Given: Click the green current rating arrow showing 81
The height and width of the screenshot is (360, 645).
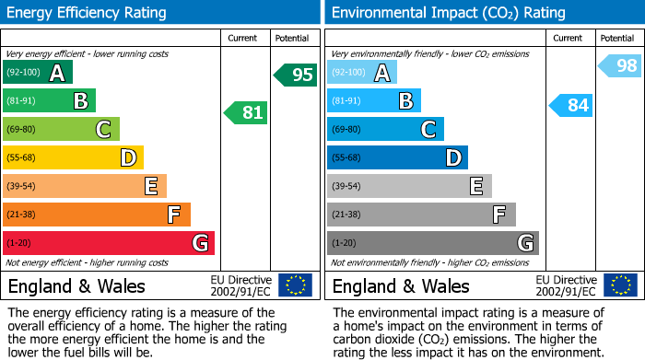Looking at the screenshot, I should pos(246,113).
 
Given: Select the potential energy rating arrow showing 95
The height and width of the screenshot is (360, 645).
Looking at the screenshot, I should pos(296,75).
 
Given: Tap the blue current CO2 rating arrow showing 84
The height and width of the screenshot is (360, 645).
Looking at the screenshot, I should pos(570,105).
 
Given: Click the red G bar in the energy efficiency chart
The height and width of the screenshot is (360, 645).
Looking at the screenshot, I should pos(108,243).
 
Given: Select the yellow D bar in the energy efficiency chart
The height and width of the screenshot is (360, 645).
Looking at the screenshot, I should pos(73,157).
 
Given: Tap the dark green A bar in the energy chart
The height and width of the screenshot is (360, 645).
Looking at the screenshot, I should pos(37,73).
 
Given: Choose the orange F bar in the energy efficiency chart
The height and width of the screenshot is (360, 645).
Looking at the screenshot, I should pos(96,215).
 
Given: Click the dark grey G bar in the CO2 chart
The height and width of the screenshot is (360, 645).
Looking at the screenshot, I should pos(432,243).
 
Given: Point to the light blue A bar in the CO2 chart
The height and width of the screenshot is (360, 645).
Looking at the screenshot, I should pos(361,73).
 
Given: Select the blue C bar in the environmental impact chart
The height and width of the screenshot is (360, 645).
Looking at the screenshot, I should pos(385,129).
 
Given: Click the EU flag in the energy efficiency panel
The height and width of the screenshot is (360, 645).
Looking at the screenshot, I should pos(295,285).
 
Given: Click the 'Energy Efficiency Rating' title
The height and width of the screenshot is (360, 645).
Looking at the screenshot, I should pos(88,13).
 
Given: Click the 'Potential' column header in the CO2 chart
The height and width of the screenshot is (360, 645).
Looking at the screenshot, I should pos(616,38).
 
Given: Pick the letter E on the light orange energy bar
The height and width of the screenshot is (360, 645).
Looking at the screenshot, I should pos(151,186).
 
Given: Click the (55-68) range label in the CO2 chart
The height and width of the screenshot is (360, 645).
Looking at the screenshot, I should pos(347,158).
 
